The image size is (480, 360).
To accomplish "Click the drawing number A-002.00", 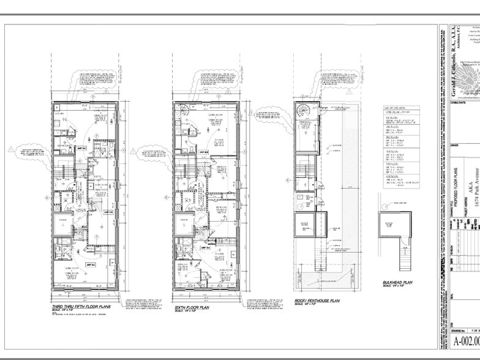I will coord(466,341).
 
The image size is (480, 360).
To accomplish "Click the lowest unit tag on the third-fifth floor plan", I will coord(89,265).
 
